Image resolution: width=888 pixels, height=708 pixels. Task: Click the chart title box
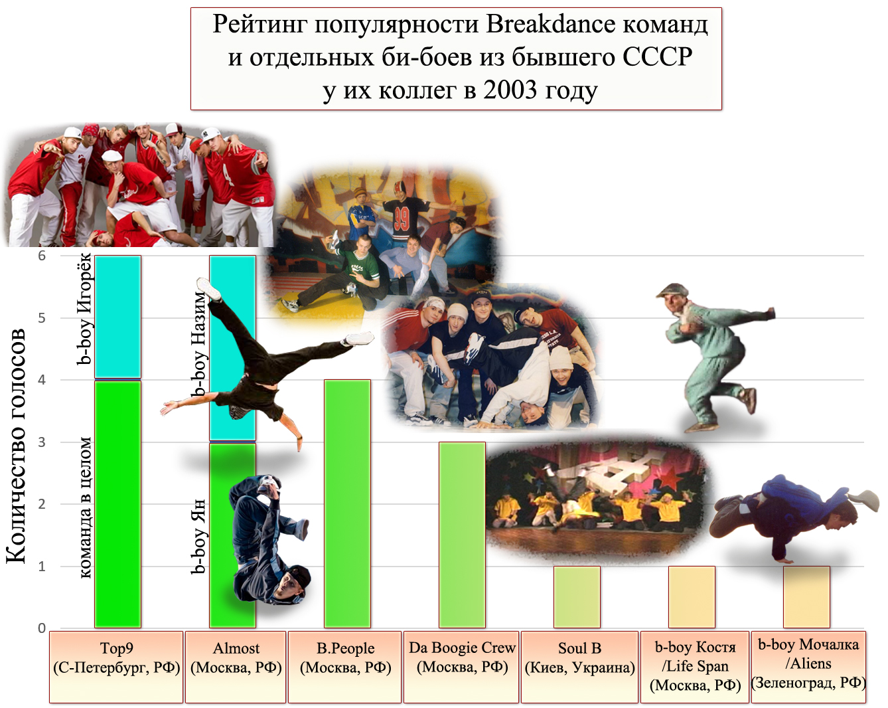pyautogui.click(x=456, y=58)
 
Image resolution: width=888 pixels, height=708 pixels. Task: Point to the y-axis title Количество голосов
pyautogui.click(x=16, y=446)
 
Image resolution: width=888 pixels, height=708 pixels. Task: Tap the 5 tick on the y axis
pyautogui.click(x=42, y=317)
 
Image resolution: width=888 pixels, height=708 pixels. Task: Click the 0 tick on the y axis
pyautogui.click(x=42, y=628)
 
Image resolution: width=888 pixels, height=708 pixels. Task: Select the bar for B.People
pyautogui.click(x=348, y=504)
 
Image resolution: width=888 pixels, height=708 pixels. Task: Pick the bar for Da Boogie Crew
pyautogui.click(x=462, y=535)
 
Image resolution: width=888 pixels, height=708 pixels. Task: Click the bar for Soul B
pyautogui.click(x=577, y=597)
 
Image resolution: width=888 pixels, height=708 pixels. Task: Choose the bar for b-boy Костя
pyautogui.click(x=692, y=597)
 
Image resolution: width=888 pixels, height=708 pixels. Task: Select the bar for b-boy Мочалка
pyautogui.click(x=806, y=597)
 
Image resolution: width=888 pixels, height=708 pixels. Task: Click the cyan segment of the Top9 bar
pyautogui.click(x=118, y=317)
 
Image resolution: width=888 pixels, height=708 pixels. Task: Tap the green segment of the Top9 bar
pyautogui.click(x=118, y=504)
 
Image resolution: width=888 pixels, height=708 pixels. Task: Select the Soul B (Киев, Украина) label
pyautogui.click(x=580, y=658)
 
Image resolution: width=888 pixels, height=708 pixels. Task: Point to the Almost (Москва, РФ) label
pyautogui.click(x=236, y=658)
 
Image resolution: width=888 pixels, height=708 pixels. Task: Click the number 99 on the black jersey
pyautogui.click(x=401, y=220)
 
